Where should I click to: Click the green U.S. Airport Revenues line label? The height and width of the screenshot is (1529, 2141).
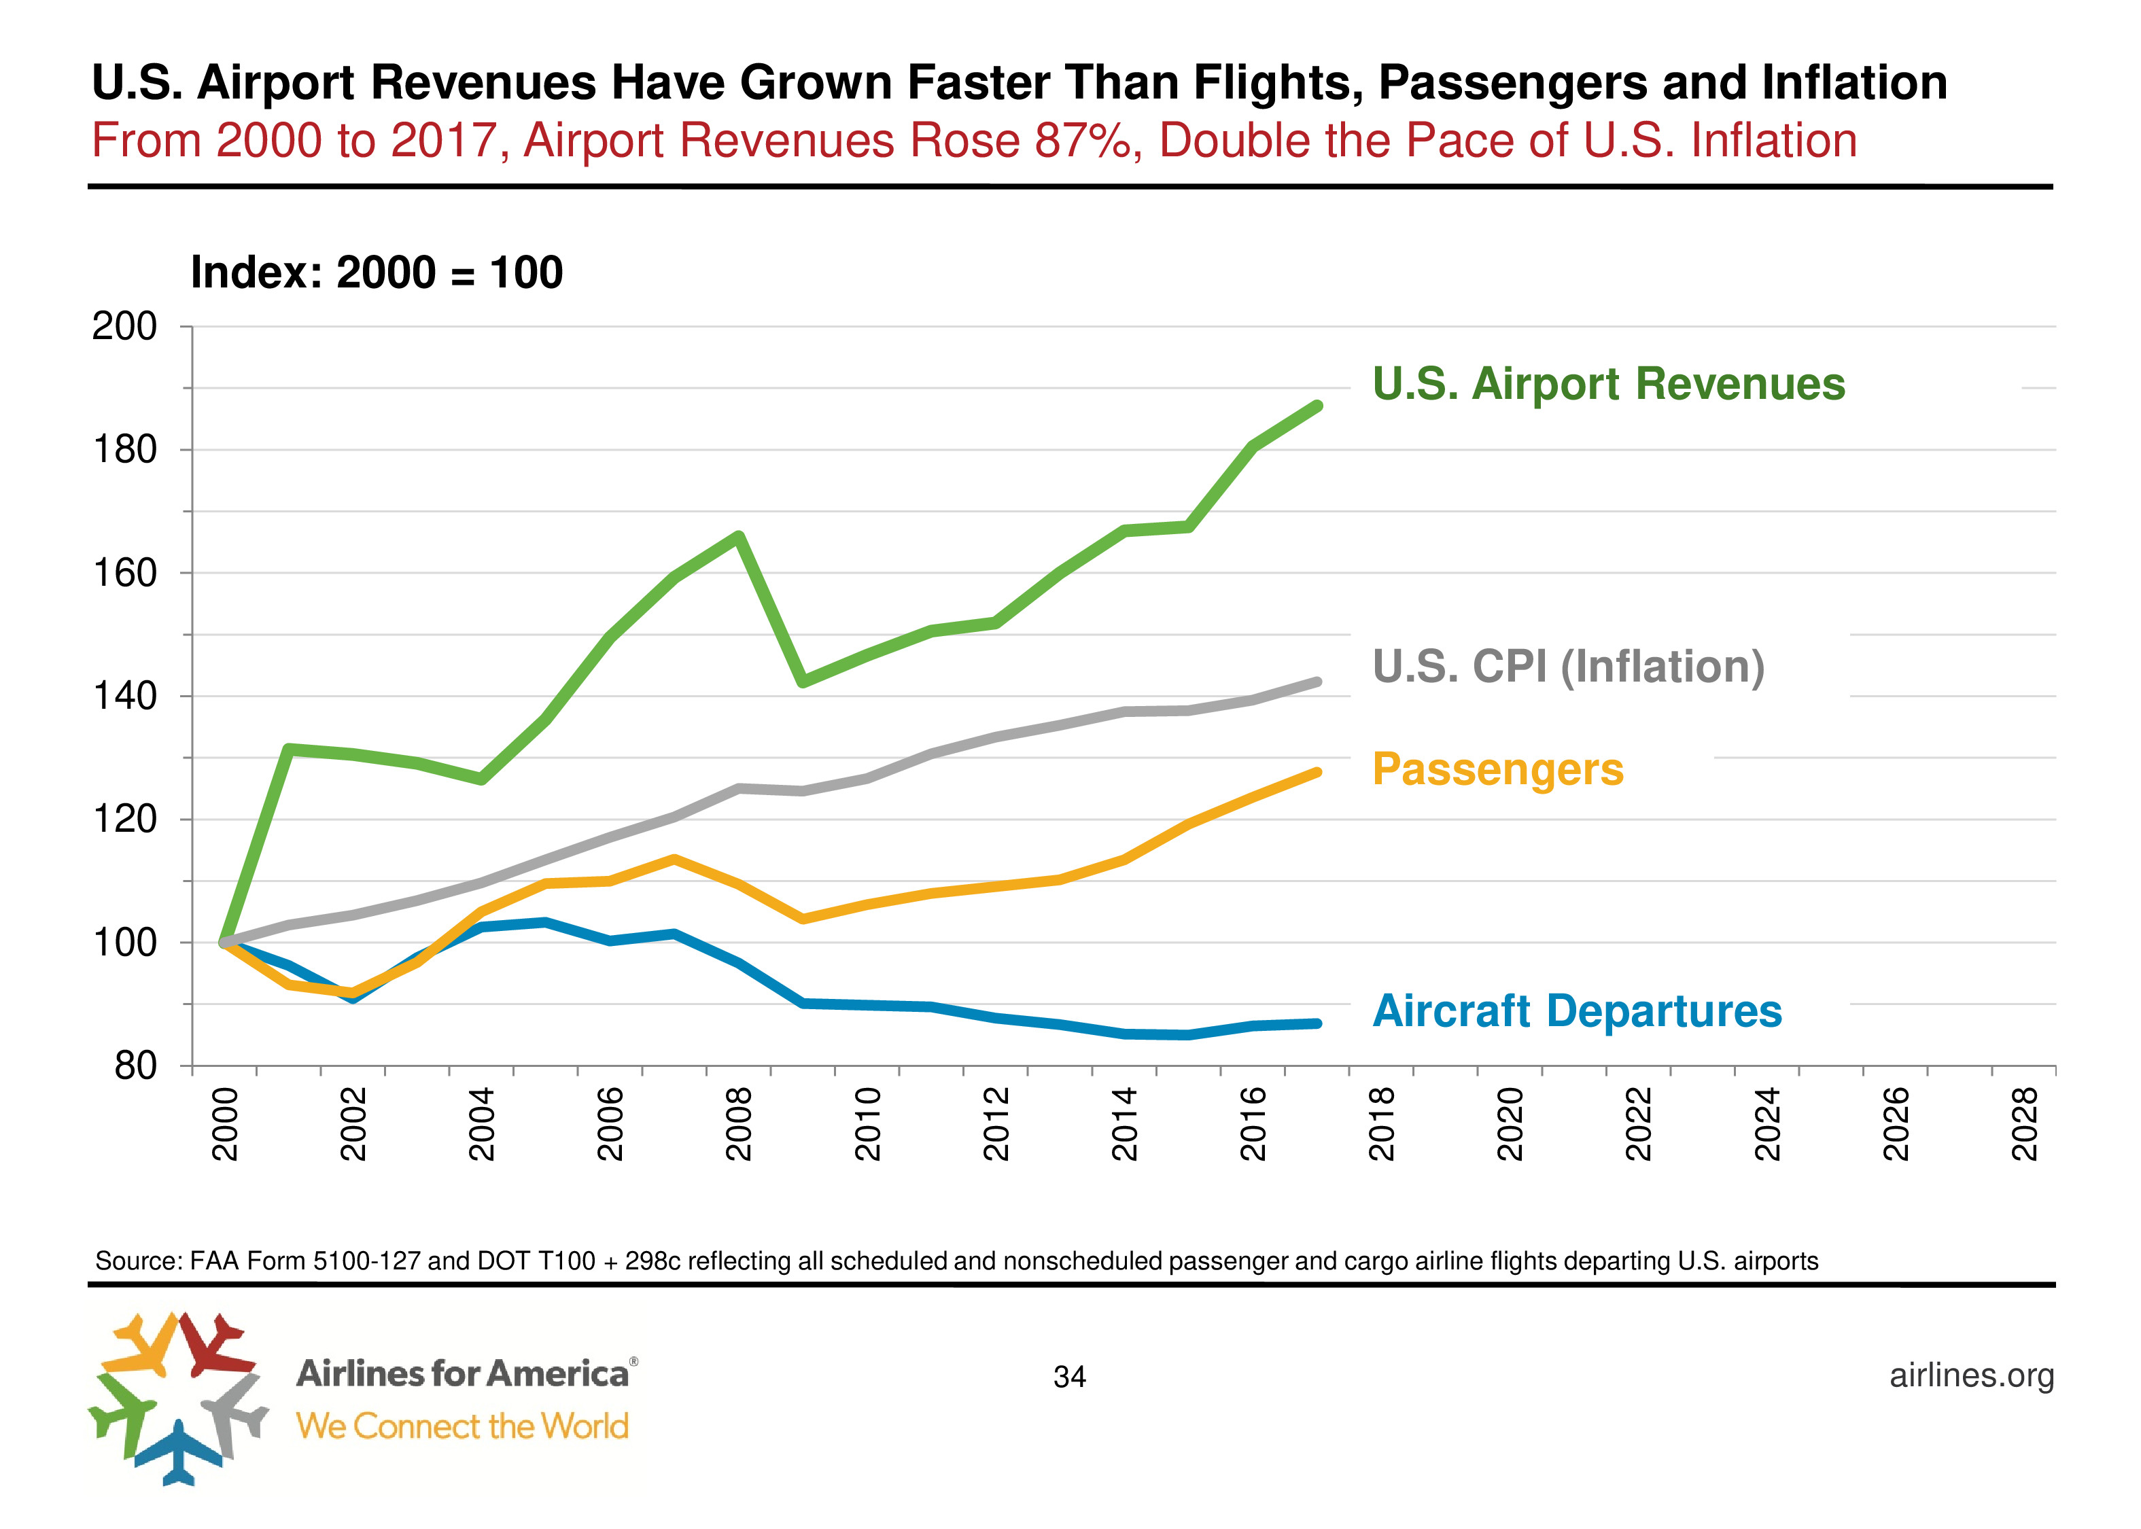tap(1607, 384)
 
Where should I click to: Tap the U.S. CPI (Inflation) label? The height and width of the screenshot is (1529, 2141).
tap(1567, 667)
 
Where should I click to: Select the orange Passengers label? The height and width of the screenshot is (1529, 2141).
tap(1497, 769)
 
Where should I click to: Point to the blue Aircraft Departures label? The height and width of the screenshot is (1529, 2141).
tap(1576, 1011)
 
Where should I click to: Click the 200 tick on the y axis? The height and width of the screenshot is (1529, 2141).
tap(124, 327)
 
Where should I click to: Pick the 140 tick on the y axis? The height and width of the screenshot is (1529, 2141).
tap(124, 697)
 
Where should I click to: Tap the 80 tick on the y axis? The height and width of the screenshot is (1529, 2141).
tap(135, 1066)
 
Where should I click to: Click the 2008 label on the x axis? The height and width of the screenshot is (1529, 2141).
tap(739, 1123)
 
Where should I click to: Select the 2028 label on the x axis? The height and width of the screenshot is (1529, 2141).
tap(2024, 1123)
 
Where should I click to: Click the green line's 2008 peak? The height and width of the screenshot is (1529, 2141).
tap(739, 537)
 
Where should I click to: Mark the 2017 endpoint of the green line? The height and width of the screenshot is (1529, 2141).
tap(1317, 406)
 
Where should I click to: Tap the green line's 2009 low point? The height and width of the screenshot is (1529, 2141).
tap(802, 682)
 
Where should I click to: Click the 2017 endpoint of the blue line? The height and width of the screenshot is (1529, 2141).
tap(1317, 1023)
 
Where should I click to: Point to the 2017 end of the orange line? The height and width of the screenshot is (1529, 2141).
tap(1317, 772)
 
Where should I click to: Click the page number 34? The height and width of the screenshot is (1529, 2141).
tap(1070, 1377)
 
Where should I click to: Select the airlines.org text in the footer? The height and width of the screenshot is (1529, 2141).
tap(1972, 1375)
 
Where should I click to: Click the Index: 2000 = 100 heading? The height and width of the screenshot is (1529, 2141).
tap(377, 273)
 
